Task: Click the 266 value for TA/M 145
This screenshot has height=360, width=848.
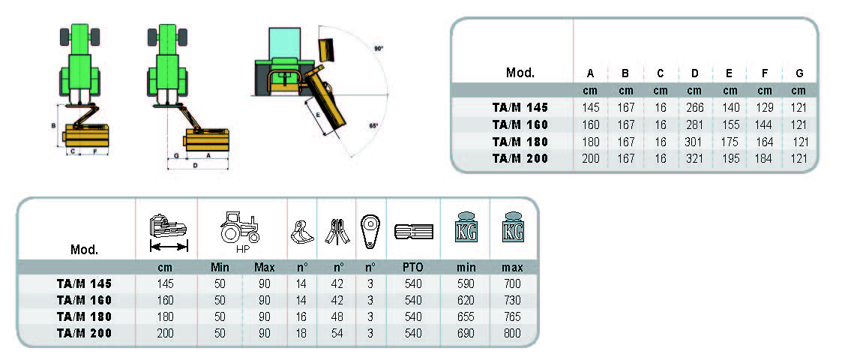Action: [x=695, y=108]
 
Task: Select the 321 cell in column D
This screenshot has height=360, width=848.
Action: [x=695, y=159]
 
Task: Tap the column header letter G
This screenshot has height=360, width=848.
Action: [x=799, y=73]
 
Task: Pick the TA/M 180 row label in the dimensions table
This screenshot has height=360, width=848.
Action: [x=520, y=142]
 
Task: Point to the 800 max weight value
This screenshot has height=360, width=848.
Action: [x=513, y=333]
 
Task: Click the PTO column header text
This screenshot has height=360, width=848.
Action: [x=413, y=267]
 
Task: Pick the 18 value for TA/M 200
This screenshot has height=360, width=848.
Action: [x=302, y=333]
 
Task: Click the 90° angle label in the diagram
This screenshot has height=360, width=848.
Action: [x=379, y=49]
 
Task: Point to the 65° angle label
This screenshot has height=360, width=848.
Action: [x=373, y=126]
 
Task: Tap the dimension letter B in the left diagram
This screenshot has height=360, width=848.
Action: [x=53, y=125]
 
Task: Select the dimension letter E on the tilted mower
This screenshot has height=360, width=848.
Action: [x=318, y=115]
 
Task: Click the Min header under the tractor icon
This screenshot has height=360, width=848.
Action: [x=219, y=267]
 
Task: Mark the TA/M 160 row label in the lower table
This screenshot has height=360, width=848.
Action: [x=84, y=299]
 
